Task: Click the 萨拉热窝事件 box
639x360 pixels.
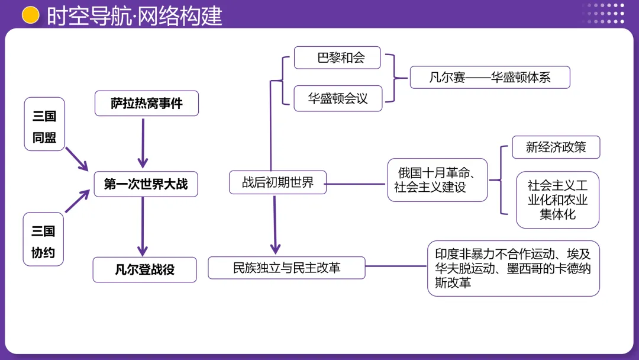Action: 146,104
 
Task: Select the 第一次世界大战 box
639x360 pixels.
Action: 146,184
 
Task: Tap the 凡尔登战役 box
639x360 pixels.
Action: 145,270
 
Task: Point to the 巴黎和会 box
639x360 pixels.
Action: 337,58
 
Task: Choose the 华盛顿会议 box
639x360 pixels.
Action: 338,98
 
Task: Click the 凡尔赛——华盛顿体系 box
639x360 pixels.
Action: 489,78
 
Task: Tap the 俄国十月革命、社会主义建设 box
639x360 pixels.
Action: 437,180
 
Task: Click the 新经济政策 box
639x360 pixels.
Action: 556,147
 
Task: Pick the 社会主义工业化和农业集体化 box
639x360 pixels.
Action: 557,200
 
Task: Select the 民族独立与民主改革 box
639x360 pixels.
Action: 286,268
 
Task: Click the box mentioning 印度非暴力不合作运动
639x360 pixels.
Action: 513,268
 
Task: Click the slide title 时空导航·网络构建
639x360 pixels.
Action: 134,16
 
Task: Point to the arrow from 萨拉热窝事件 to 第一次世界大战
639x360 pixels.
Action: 143,143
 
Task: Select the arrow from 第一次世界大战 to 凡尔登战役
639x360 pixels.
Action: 143,227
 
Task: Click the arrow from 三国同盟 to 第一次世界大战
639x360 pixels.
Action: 77,158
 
